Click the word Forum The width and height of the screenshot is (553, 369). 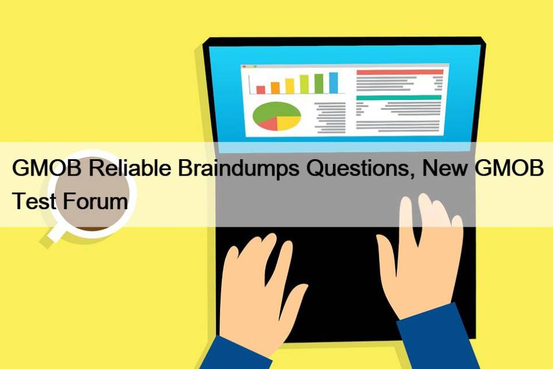coord(95,200)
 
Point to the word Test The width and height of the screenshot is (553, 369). coord(34,200)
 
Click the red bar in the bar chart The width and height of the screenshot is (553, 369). coord(261,90)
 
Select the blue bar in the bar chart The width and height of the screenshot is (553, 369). coord(334,83)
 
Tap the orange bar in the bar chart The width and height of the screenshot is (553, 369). coord(275,88)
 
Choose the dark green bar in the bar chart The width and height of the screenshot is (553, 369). coord(319,84)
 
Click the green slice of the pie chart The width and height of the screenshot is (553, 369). coord(275,110)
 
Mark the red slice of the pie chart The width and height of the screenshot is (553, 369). coord(268,124)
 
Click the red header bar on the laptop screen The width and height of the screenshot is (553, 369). coord(400,72)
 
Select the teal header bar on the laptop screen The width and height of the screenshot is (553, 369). coord(399,98)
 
